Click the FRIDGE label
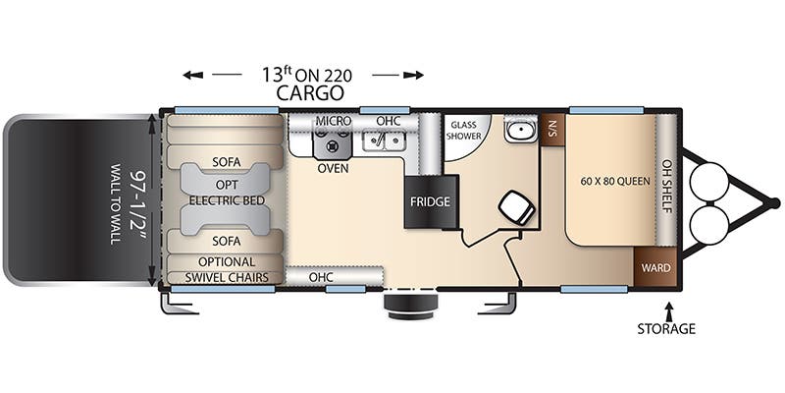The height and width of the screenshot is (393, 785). [x=430, y=202]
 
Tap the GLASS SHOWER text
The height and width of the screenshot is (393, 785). [x=464, y=131]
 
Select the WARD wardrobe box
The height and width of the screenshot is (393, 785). [x=655, y=267]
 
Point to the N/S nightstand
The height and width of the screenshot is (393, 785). [x=553, y=128]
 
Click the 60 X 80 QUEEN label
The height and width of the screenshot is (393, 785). [x=615, y=181]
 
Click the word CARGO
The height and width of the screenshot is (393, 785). [x=310, y=92]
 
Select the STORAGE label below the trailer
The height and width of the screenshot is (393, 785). [x=666, y=329]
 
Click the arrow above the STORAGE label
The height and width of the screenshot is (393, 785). [x=668, y=309]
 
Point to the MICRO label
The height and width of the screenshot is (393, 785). [x=333, y=121]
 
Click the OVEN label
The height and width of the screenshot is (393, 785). [x=333, y=168]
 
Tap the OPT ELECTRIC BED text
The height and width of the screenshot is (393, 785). [x=227, y=193]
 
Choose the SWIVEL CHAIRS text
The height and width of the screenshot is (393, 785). [x=227, y=277]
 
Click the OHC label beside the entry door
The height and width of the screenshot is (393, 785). [x=321, y=277]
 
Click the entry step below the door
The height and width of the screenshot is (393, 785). [x=410, y=306]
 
